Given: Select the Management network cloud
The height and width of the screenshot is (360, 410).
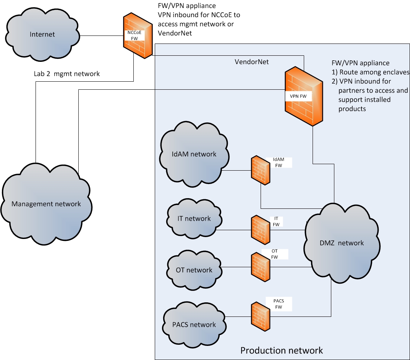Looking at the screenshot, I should pyautogui.click(x=46, y=203).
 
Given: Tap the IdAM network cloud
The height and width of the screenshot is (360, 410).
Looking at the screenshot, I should pyautogui.click(x=194, y=154).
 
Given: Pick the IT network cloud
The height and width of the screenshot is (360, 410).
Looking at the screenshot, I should pyautogui.click(x=194, y=219).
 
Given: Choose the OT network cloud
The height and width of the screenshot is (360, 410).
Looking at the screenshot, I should pyautogui.click(x=194, y=270).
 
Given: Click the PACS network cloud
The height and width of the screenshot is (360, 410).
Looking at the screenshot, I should pyautogui.click(x=194, y=324).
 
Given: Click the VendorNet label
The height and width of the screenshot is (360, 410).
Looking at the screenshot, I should pyautogui.click(x=251, y=61).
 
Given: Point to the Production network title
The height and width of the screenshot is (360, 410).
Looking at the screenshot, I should pyautogui.click(x=281, y=350).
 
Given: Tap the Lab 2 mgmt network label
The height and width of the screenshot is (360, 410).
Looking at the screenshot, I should pyautogui.click(x=67, y=74).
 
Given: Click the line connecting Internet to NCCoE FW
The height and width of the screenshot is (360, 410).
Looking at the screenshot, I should pyautogui.click(x=102, y=36).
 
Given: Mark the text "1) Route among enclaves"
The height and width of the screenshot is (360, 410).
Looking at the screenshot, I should pyautogui.click(x=370, y=72).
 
